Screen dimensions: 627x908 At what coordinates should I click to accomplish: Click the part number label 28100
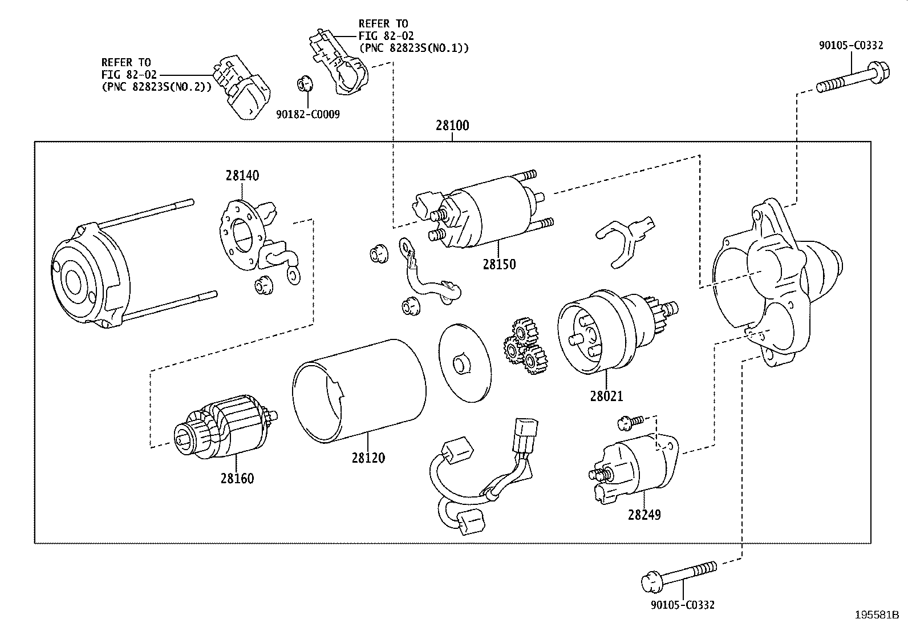(452, 125)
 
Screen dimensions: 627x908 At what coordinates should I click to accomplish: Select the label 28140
(242, 176)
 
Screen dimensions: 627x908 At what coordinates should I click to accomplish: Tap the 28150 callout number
(499, 264)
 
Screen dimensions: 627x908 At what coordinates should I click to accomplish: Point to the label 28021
(606, 395)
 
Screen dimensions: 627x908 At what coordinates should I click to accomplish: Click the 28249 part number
(644, 515)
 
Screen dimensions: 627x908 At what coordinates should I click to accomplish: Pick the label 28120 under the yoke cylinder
(368, 458)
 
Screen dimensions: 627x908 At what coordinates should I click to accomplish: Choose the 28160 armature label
(237, 478)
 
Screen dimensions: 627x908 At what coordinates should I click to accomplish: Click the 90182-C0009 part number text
(308, 115)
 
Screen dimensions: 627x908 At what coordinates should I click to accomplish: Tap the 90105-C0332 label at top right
(851, 46)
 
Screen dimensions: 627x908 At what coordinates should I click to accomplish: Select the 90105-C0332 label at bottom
(682, 605)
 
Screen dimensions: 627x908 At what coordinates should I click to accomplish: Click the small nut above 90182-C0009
(304, 84)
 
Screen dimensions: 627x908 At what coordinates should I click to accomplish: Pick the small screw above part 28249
(630, 422)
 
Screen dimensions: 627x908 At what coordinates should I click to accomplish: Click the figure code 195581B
(876, 615)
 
